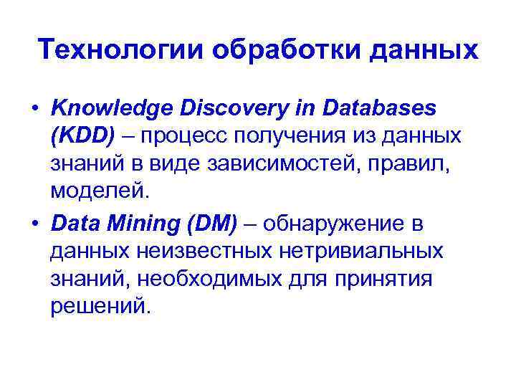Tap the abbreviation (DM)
point(211,225)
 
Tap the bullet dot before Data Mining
point(34,225)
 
